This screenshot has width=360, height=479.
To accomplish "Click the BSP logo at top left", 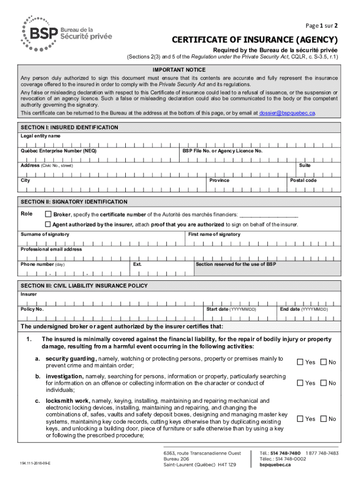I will [65, 33].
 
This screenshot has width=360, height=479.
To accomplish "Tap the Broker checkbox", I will [48, 214].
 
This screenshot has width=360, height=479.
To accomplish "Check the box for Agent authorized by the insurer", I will [48, 225].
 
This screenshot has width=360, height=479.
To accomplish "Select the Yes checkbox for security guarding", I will [300, 362].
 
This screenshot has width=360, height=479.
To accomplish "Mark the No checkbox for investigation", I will [323, 383].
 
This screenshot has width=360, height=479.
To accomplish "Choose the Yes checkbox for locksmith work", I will [300, 419].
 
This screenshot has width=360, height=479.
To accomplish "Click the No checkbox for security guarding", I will [323, 362].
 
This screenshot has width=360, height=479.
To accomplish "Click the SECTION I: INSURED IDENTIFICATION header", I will [69, 128].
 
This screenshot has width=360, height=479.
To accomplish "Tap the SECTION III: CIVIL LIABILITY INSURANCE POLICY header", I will [84, 285].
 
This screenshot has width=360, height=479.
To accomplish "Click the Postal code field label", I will [303, 181].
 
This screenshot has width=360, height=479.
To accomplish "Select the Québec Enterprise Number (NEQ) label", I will [59, 151].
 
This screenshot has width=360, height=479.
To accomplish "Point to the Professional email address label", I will [51, 249].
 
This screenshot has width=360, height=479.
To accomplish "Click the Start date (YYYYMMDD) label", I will [231, 309].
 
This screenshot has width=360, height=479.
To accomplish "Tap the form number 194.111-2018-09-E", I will [35, 463].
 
